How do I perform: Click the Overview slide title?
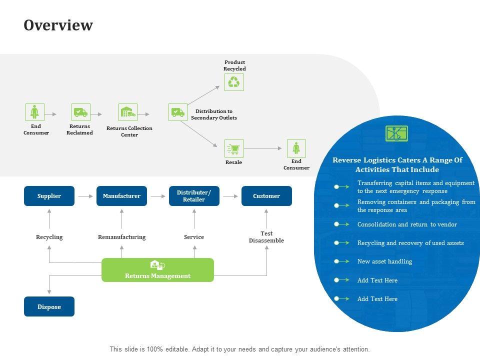click(x=58, y=25)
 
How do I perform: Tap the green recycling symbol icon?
click(x=233, y=82)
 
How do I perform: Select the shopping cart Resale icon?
click(x=233, y=148)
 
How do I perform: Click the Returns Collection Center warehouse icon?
click(x=128, y=112)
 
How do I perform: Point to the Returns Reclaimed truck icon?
click(x=80, y=112)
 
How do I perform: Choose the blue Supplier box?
click(x=49, y=196)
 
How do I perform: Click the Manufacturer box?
click(x=121, y=196)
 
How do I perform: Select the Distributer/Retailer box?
click(x=194, y=196)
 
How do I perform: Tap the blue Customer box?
click(x=266, y=196)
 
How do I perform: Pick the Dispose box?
click(x=49, y=306)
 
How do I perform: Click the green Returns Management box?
click(x=157, y=270)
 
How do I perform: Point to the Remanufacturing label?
click(x=121, y=237)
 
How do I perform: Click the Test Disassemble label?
click(x=266, y=237)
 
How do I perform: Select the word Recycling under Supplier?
click(x=49, y=237)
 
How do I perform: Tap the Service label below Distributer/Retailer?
click(x=194, y=237)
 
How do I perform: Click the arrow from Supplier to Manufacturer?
click(x=85, y=196)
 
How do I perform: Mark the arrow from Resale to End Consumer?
click(x=263, y=148)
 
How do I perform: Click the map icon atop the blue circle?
click(x=397, y=133)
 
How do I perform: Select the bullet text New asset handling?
click(x=384, y=261)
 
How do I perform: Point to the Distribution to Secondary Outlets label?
click(x=214, y=114)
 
